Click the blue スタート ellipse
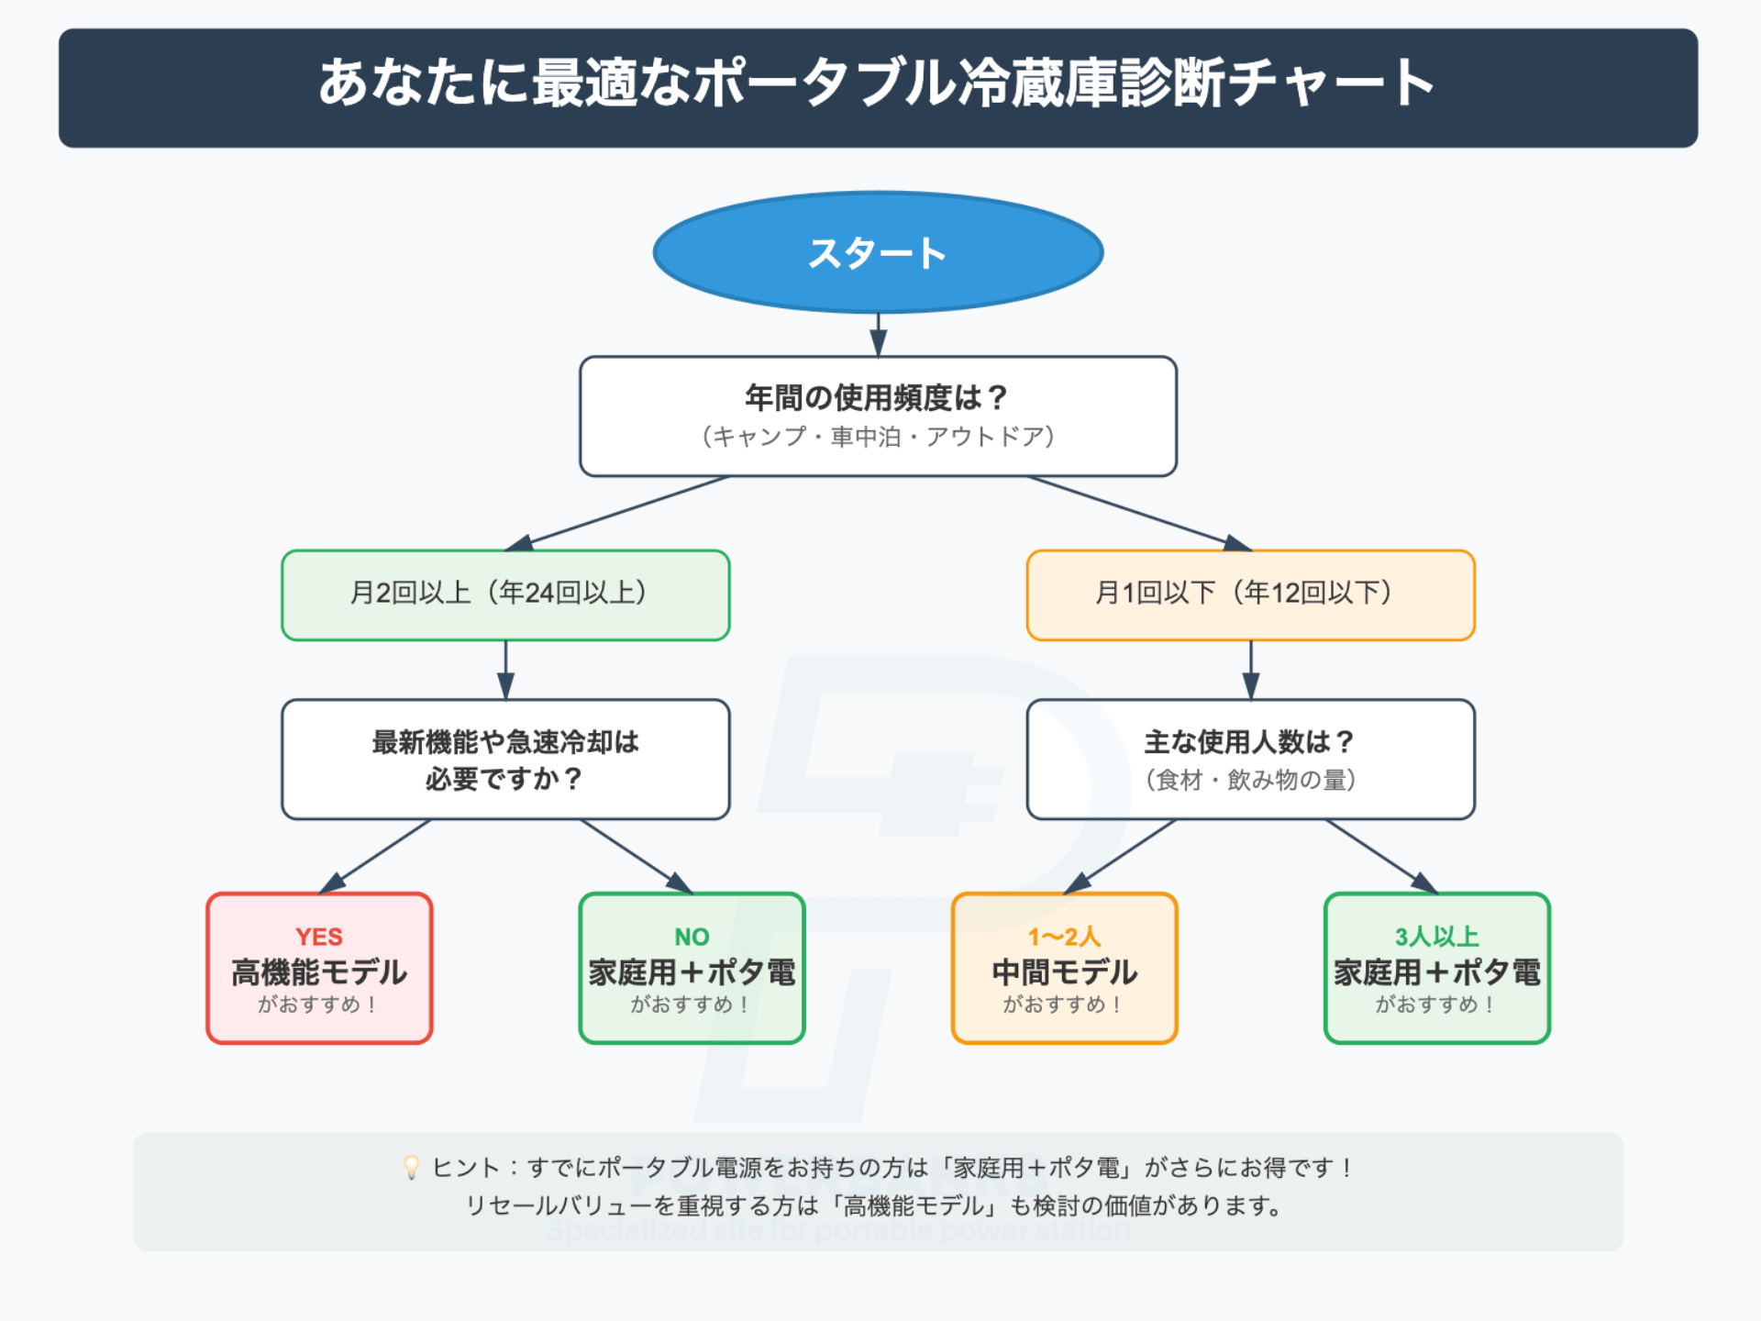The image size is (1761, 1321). pos(878,252)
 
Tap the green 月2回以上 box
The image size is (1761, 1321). pos(505,594)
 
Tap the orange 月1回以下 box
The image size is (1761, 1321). pos(1250,594)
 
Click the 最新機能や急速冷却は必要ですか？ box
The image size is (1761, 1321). pos(505,760)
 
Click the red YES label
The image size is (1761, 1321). pos(318,937)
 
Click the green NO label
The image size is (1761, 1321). pos(692,937)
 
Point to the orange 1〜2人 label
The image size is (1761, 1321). pos(1064,937)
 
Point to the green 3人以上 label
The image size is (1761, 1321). pos(1436,937)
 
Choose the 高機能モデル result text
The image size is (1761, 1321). pos(318,972)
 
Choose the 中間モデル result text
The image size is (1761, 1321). pos(1064,972)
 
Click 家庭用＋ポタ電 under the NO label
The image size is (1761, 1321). pos(692,972)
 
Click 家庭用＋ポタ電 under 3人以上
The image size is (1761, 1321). pos(1436,972)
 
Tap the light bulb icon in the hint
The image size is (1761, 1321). pos(412,1167)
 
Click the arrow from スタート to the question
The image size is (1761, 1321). pos(878,336)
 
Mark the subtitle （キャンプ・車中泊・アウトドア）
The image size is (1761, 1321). pos(878,437)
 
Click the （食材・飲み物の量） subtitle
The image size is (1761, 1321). pos(1250,780)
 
